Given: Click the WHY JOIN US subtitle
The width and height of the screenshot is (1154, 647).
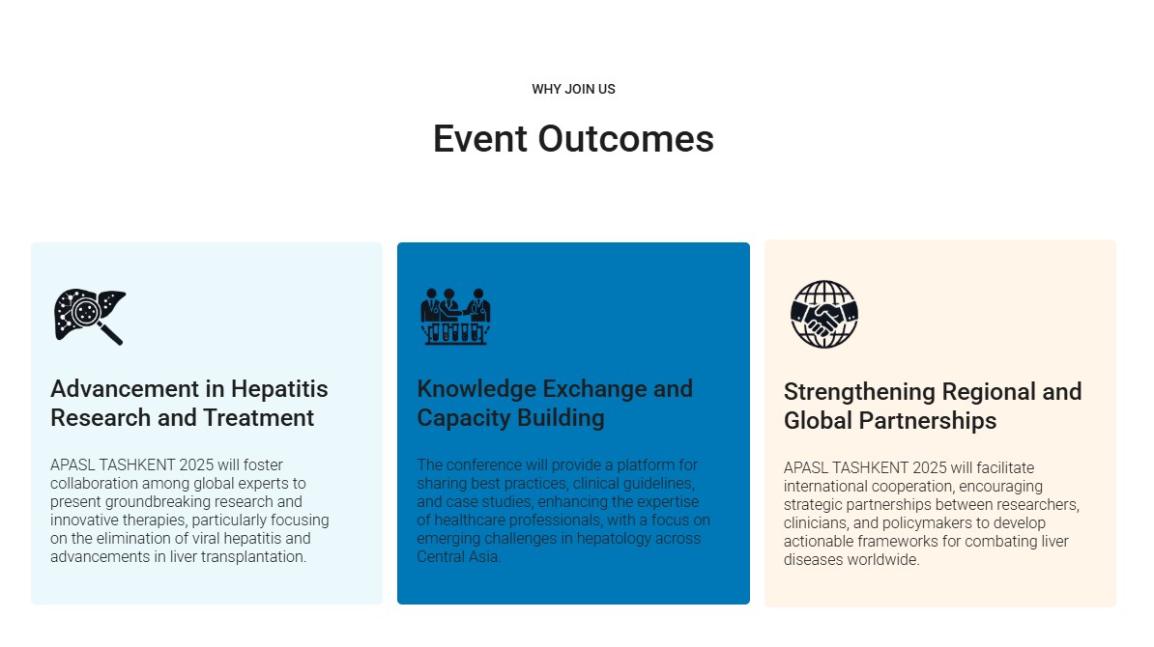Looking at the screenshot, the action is pyautogui.click(x=573, y=89).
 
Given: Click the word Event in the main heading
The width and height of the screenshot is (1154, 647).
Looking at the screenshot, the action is pyautogui.click(x=479, y=138).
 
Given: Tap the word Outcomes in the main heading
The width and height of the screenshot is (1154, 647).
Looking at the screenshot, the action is pyautogui.click(x=625, y=138).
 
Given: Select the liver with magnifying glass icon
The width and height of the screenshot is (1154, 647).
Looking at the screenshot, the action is pyautogui.click(x=90, y=316).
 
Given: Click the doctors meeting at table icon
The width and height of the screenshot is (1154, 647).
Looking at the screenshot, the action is pyautogui.click(x=455, y=316).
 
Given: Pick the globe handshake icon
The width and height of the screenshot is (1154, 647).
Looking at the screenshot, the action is pyautogui.click(x=824, y=314).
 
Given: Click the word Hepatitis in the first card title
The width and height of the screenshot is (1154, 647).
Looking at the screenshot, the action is pyautogui.click(x=279, y=388).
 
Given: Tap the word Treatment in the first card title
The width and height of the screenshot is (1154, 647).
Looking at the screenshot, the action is pyautogui.click(x=258, y=417).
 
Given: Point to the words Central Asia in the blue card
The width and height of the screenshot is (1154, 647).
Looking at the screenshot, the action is pyautogui.click(x=458, y=556).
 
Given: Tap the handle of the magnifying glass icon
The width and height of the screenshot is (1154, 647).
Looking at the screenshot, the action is pyautogui.click(x=111, y=334).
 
